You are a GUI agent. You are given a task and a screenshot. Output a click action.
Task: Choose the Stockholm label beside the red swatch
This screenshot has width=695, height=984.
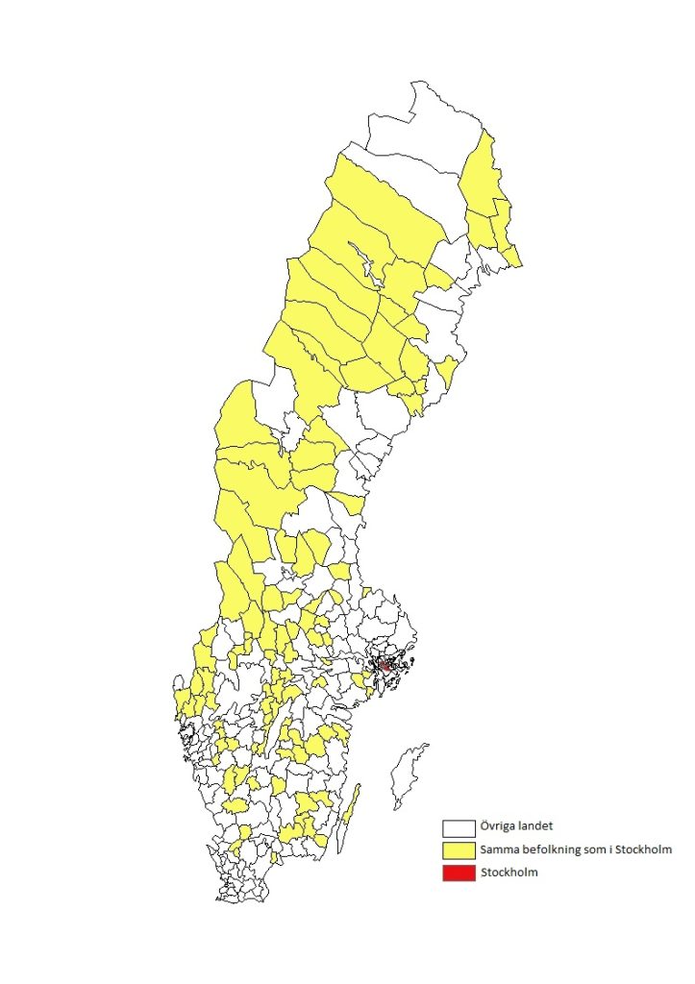click(509, 873)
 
